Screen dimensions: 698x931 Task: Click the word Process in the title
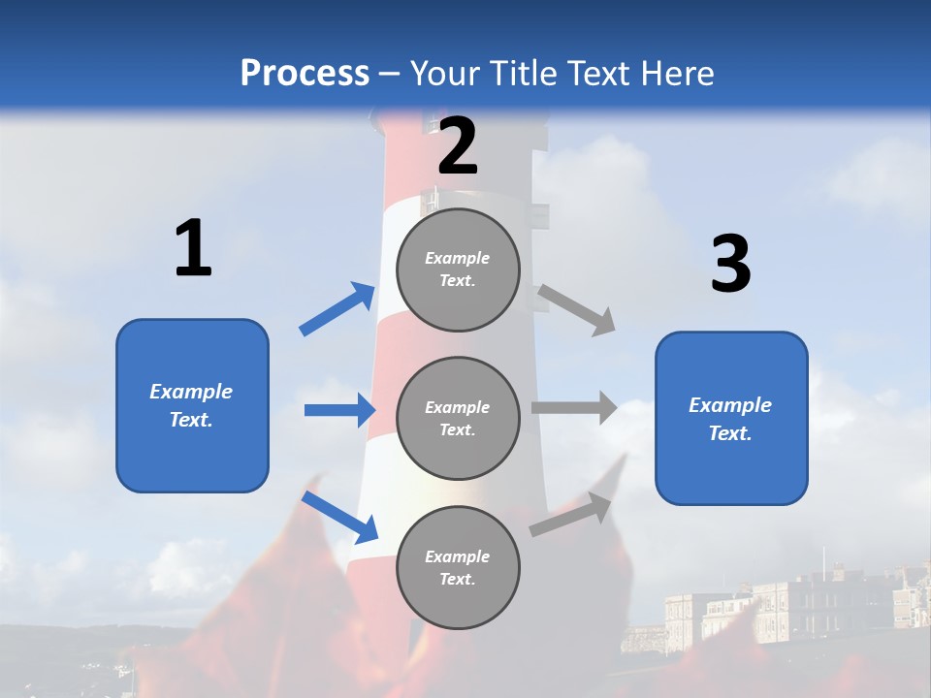[x=305, y=74]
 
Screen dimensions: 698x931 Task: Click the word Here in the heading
[x=678, y=74]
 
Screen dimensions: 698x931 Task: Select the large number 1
[x=193, y=249]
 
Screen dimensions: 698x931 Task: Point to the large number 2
[x=458, y=147]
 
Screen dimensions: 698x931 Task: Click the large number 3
[x=730, y=265]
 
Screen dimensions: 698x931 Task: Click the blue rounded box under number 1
[x=192, y=405]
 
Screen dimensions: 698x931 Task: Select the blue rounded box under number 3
[x=731, y=419]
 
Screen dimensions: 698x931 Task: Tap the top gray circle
[x=458, y=270]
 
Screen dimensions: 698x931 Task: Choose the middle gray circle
[x=458, y=418]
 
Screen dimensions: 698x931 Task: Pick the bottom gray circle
[x=458, y=567]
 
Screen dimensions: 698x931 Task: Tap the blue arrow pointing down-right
[x=340, y=518]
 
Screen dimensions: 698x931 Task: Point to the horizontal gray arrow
[x=574, y=407]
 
